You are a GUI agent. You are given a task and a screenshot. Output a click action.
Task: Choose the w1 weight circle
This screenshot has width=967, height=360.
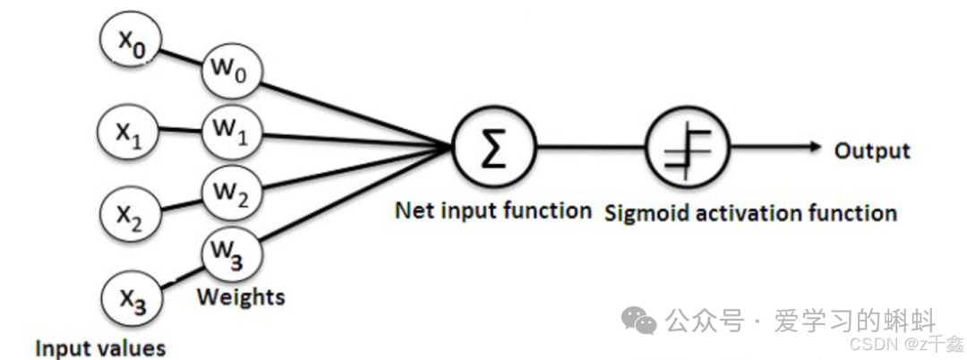[x=230, y=130]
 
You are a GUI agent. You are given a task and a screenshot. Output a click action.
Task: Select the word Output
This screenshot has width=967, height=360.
[x=871, y=150]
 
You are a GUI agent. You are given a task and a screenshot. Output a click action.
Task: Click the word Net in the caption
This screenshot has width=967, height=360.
[x=412, y=211]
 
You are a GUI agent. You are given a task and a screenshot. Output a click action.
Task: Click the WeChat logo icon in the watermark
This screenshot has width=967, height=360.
[x=639, y=320]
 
